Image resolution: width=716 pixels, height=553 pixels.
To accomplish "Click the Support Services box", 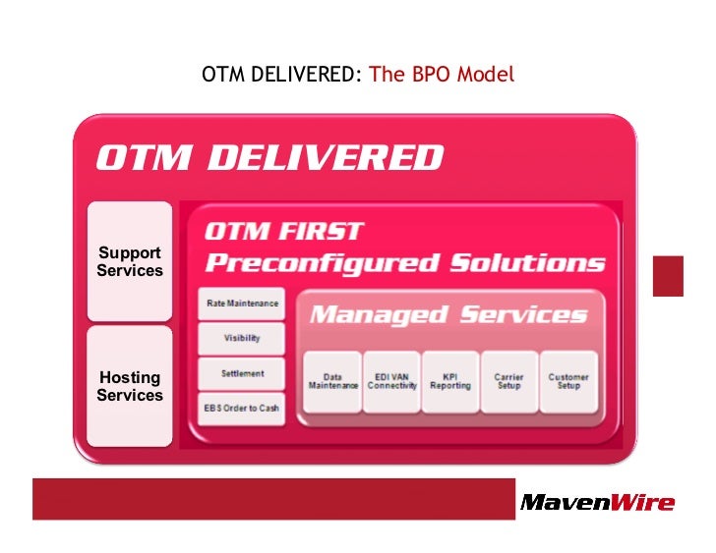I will (130, 261).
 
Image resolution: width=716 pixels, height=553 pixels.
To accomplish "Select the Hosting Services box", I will (130, 386).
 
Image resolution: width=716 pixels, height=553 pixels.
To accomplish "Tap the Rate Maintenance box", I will (242, 304).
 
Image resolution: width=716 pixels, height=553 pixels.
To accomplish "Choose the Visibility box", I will (242, 339).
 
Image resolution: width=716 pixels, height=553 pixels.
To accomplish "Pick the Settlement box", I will (242, 374).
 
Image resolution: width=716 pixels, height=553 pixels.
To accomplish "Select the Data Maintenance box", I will (332, 381).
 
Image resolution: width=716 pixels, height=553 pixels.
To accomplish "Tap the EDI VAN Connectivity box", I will (391, 381).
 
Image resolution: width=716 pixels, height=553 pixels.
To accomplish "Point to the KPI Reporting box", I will (450, 381).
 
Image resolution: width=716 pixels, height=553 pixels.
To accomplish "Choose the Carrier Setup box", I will (509, 381).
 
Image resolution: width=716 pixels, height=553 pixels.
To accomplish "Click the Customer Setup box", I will (568, 381).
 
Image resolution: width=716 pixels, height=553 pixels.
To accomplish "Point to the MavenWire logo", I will (597, 503).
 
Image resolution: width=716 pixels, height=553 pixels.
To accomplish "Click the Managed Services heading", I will (448, 315).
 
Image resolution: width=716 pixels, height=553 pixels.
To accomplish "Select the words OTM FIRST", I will (284, 233).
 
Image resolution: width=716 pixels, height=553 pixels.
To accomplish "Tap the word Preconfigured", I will (322, 263).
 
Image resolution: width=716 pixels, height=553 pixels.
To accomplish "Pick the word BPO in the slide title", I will (422, 75).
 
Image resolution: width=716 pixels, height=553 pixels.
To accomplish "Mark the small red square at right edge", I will (668, 275).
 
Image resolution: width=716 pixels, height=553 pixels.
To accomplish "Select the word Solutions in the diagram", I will (527, 263).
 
